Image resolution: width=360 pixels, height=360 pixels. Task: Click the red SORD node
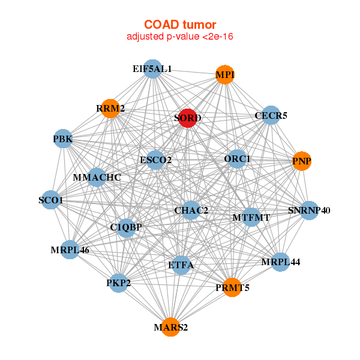[x=188, y=118]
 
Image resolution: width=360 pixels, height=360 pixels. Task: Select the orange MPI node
[x=225, y=74]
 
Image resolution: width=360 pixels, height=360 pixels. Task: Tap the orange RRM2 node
[x=110, y=109]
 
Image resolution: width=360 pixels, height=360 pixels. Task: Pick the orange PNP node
[x=302, y=161]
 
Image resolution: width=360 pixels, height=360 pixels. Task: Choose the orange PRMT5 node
[x=232, y=287]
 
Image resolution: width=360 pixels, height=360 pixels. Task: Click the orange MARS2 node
[x=170, y=327]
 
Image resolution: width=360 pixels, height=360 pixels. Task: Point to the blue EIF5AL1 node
[x=152, y=69]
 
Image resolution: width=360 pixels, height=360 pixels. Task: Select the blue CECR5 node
[x=271, y=115]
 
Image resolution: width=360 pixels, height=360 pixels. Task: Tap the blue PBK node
[x=63, y=139]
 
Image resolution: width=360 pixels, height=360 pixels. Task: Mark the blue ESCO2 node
[x=155, y=160]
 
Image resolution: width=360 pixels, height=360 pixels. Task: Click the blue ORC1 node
[x=237, y=159]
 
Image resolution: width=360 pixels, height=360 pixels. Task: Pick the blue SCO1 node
[x=50, y=200]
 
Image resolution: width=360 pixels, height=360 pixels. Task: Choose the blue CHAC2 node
[x=191, y=210]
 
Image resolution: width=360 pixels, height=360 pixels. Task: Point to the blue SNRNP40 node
[x=309, y=211]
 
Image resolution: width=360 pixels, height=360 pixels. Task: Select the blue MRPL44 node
[x=281, y=262]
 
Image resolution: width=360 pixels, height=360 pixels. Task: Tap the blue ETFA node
[x=181, y=265]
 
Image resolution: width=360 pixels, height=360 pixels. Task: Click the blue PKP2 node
[x=118, y=283]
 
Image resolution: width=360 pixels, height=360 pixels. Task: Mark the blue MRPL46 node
[x=70, y=250]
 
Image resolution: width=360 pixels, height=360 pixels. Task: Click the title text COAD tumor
[x=180, y=25]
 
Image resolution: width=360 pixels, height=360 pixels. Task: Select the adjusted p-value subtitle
[x=180, y=37]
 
